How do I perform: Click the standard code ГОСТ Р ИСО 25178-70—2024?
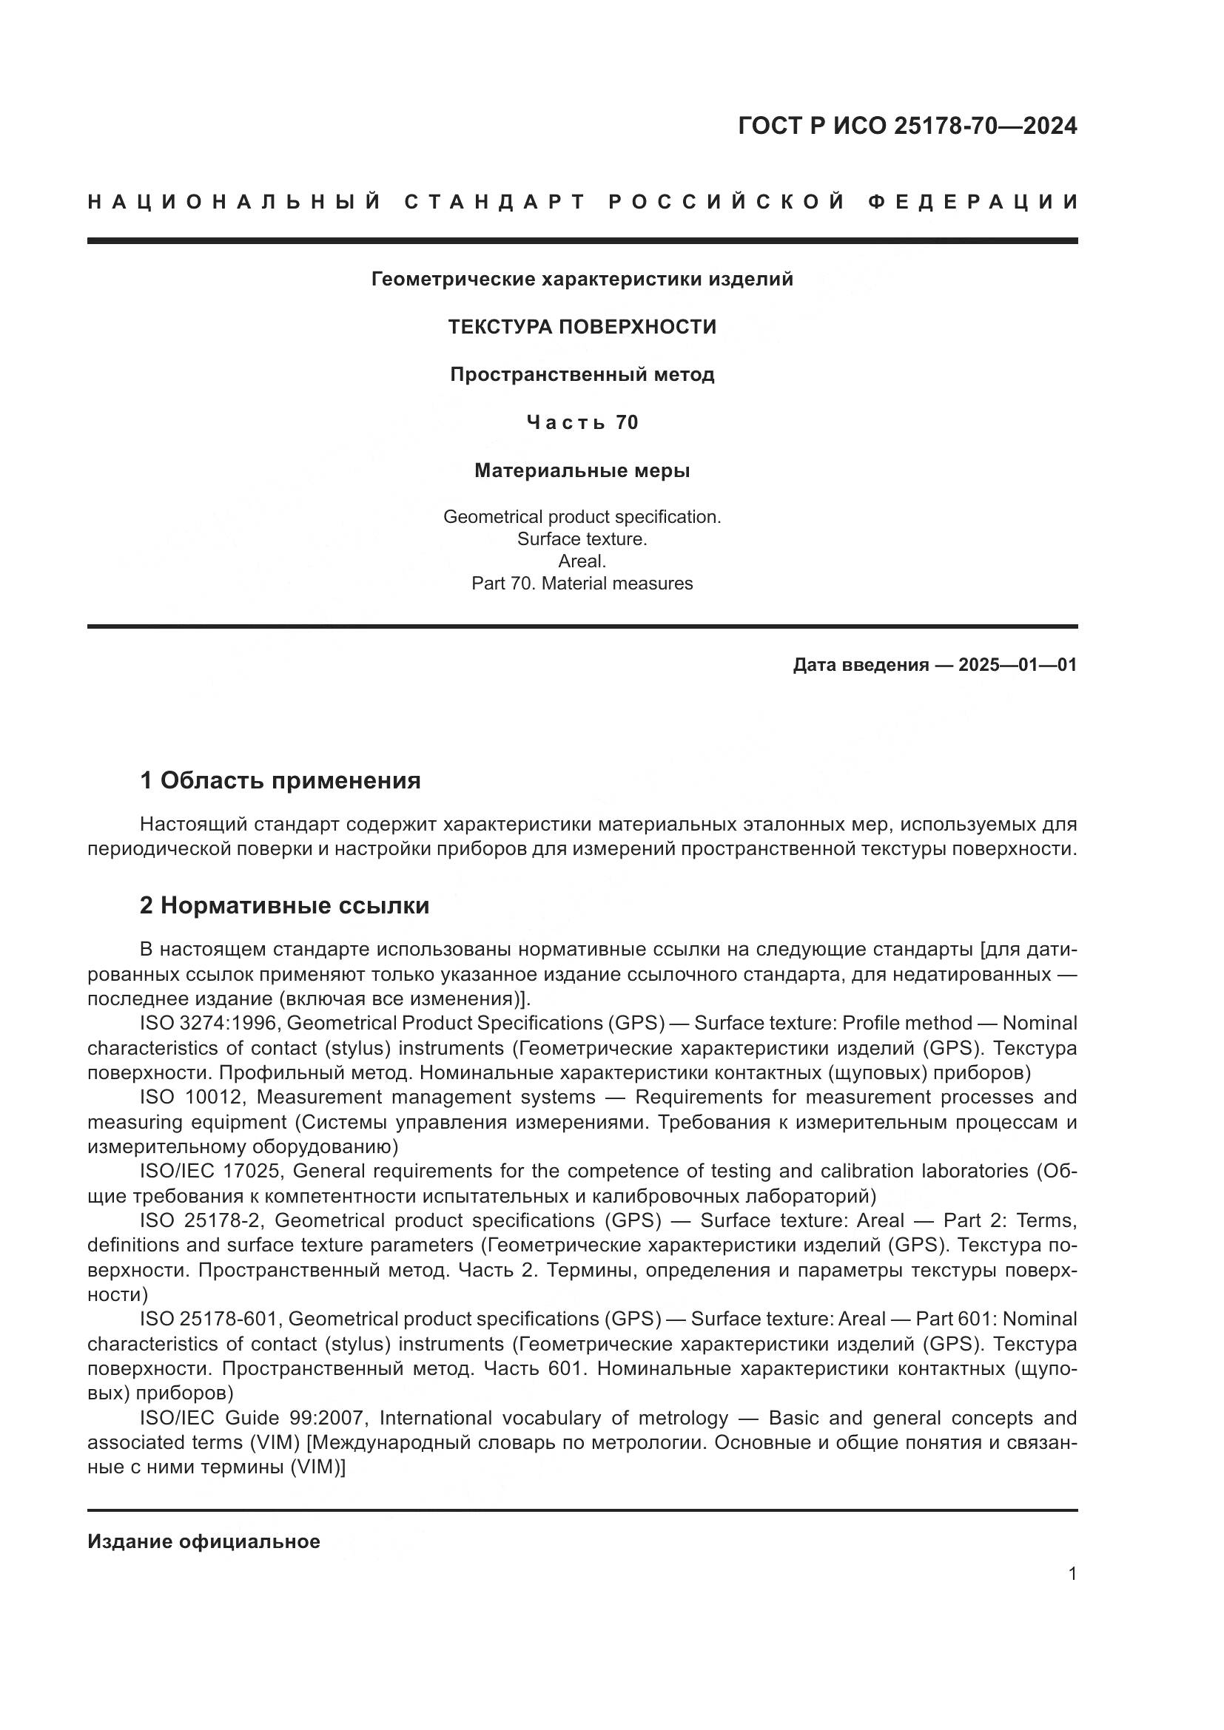pyautogui.click(x=907, y=126)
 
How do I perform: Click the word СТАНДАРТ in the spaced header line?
pyautogui.click(x=495, y=202)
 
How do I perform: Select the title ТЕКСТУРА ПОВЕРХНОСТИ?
pyautogui.click(x=582, y=327)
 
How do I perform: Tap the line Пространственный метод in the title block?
pyautogui.click(x=582, y=374)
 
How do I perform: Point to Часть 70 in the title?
pyautogui.click(x=582, y=423)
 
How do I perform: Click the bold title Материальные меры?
pyautogui.click(x=582, y=471)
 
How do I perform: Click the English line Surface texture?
pyautogui.click(x=582, y=539)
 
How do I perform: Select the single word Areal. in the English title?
pyautogui.click(x=582, y=561)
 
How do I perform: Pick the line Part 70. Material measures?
pyautogui.click(x=582, y=583)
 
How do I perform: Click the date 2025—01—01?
pyautogui.click(x=1018, y=666)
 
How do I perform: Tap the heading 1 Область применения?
pyautogui.click(x=280, y=780)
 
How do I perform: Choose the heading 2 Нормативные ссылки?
pyautogui.click(x=284, y=905)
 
